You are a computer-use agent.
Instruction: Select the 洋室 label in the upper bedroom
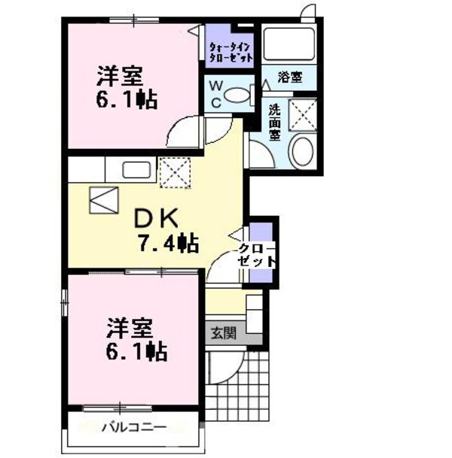click(x=119, y=77)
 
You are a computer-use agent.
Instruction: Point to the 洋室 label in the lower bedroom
click(x=129, y=328)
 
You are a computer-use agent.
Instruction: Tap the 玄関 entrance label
click(x=223, y=332)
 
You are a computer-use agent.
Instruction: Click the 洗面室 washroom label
click(x=276, y=121)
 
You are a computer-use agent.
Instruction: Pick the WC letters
click(x=215, y=96)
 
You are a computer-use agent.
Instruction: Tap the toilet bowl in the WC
click(x=240, y=96)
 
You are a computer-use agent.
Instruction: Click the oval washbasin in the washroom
click(x=303, y=150)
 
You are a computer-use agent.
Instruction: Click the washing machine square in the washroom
click(x=304, y=114)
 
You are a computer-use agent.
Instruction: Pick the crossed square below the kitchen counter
click(x=176, y=172)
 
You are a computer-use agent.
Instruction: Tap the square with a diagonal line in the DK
click(x=103, y=199)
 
